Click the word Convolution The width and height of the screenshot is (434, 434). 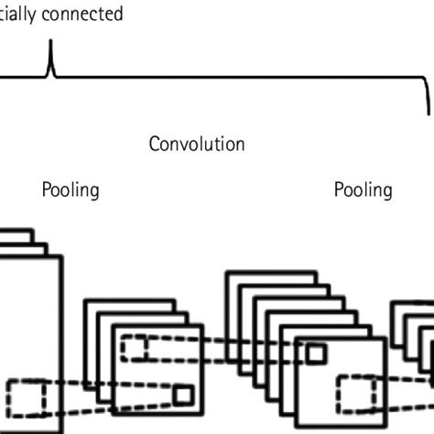tap(197, 145)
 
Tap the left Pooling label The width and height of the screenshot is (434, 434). tap(71, 190)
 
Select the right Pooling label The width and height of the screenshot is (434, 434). tap(363, 190)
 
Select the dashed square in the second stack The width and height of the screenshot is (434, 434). tap(136, 348)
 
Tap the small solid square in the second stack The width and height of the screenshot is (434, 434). tap(183, 396)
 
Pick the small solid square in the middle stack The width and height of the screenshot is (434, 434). tap(315, 354)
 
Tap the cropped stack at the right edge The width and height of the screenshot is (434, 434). tap(417, 348)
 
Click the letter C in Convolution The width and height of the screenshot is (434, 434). tap(155, 145)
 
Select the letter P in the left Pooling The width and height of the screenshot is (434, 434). tap(47, 190)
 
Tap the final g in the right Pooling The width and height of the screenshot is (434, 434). tap(387, 192)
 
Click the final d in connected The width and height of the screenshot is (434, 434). tap(117, 15)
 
